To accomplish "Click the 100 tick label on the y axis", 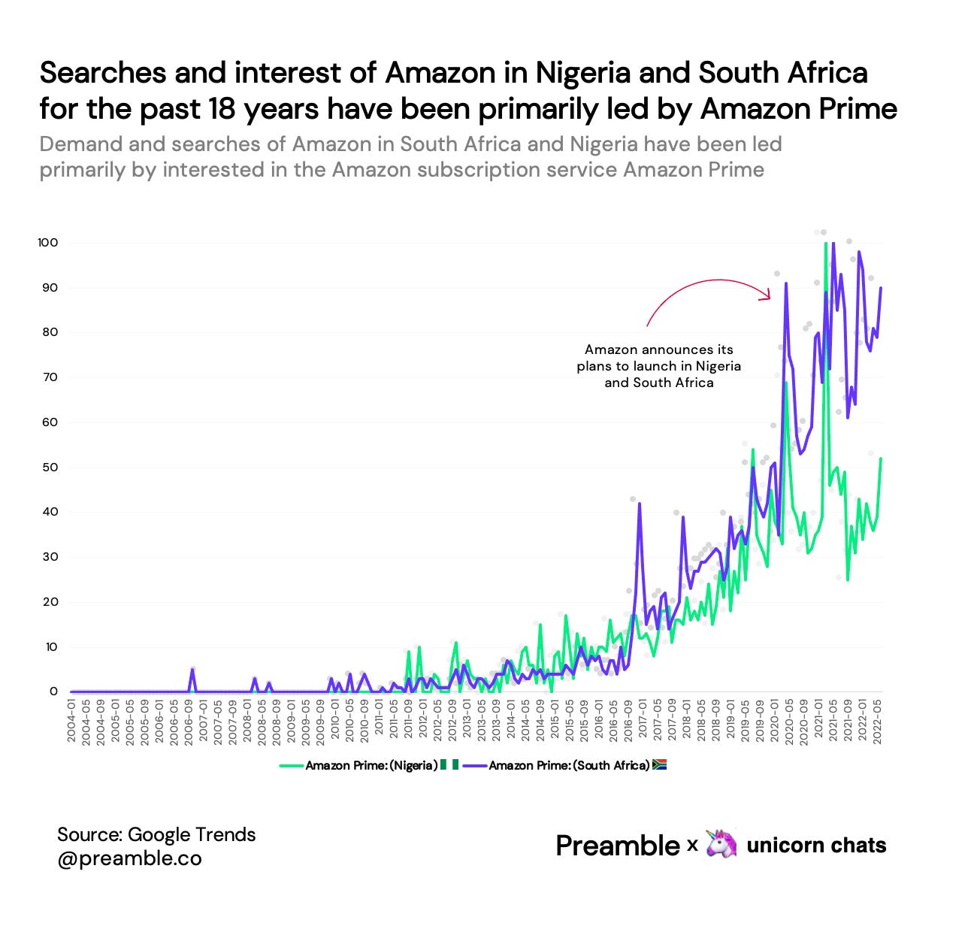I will pyautogui.click(x=47, y=243).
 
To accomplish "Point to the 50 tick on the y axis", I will pyautogui.click(x=50, y=468).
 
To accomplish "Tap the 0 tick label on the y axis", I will pyautogui.click(x=53, y=691).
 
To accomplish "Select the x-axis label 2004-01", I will pyautogui.click(x=72, y=722).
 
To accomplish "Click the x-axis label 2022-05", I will pyautogui.click(x=877, y=722).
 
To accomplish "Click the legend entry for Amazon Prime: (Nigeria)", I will pyautogui.click(x=371, y=766).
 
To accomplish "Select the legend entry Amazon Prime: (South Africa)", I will pyautogui.click(x=568, y=766).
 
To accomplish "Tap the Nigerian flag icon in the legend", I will pyautogui.click(x=449, y=765).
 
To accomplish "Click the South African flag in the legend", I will pyautogui.click(x=659, y=765).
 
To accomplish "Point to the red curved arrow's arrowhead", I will pyautogui.click(x=767, y=295).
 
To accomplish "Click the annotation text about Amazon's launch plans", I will pyautogui.click(x=659, y=366).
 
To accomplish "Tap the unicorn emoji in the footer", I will pyautogui.click(x=721, y=845).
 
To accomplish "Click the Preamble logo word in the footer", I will pyautogui.click(x=617, y=846).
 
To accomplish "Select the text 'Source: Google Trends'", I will pyautogui.click(x=156, y=834).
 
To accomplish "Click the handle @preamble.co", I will pyautogui.click(x=129, y=858).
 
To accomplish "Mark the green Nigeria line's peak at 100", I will pyautogui.click(x=825, y=244).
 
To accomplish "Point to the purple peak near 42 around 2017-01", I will pyautogui.click(x=639, y=504).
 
